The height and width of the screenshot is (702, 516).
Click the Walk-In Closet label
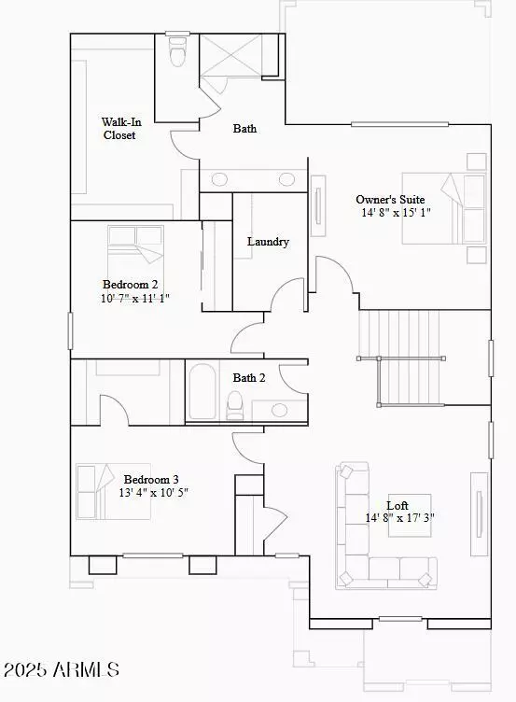119,129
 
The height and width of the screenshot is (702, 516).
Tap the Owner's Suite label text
390,199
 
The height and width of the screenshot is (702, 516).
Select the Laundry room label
268,242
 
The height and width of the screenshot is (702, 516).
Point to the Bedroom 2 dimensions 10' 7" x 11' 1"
135,299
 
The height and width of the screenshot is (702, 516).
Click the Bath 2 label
250,378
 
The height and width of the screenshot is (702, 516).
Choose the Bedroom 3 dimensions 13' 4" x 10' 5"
156,492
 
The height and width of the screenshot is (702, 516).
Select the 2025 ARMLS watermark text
62,669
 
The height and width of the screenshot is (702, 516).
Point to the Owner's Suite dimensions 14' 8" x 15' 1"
396,213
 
